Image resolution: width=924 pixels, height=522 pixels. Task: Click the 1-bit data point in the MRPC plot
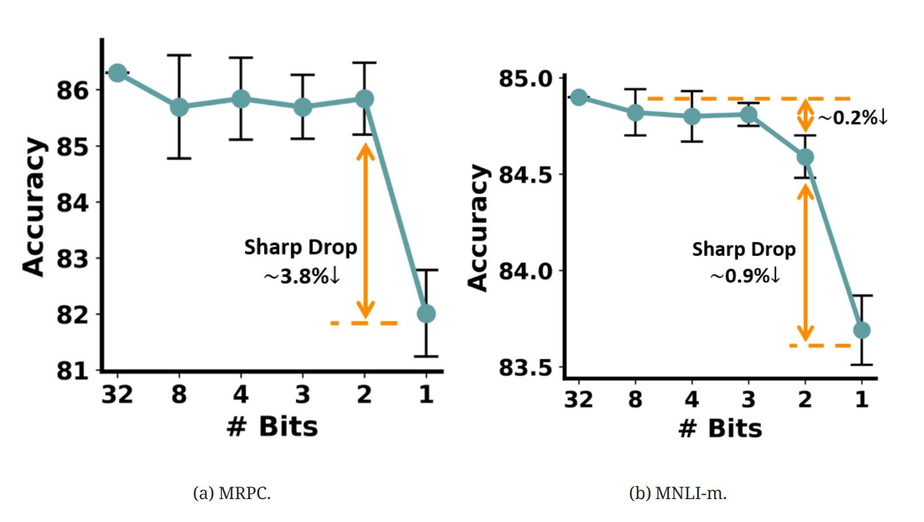pos(426,314)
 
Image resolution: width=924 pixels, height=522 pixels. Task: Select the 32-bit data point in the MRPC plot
pos(117,73)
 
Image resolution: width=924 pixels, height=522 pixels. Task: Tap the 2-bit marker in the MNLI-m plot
pos(805,157)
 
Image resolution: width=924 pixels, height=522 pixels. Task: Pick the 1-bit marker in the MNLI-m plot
pos(862,330)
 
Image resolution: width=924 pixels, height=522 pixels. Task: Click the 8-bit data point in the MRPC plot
pos(179,107)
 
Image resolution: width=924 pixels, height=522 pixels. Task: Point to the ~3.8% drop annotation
pos(302,276)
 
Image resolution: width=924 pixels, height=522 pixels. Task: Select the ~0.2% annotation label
pos(852,118)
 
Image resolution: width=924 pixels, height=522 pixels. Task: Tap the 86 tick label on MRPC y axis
pos(73,90)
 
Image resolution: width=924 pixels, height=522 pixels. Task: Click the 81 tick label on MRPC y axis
pos(73,371)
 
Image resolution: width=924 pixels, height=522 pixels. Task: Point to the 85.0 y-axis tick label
pos(526,79)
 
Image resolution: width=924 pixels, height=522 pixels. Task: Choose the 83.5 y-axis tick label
pos(526,367)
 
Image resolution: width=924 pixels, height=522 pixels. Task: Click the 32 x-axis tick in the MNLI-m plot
pos(578,399)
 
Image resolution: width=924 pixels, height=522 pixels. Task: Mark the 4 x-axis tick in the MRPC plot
pos(241,394)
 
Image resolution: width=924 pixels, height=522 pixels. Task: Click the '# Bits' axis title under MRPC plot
pos(272,426)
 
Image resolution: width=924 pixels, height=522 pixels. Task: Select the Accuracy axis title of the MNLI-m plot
pos(478,228)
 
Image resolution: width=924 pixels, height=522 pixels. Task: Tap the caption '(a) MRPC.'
pos(232,493)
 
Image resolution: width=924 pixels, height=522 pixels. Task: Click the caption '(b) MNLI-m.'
pos(677,493)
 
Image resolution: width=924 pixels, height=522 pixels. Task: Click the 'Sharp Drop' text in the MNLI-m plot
pos(744,250)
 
